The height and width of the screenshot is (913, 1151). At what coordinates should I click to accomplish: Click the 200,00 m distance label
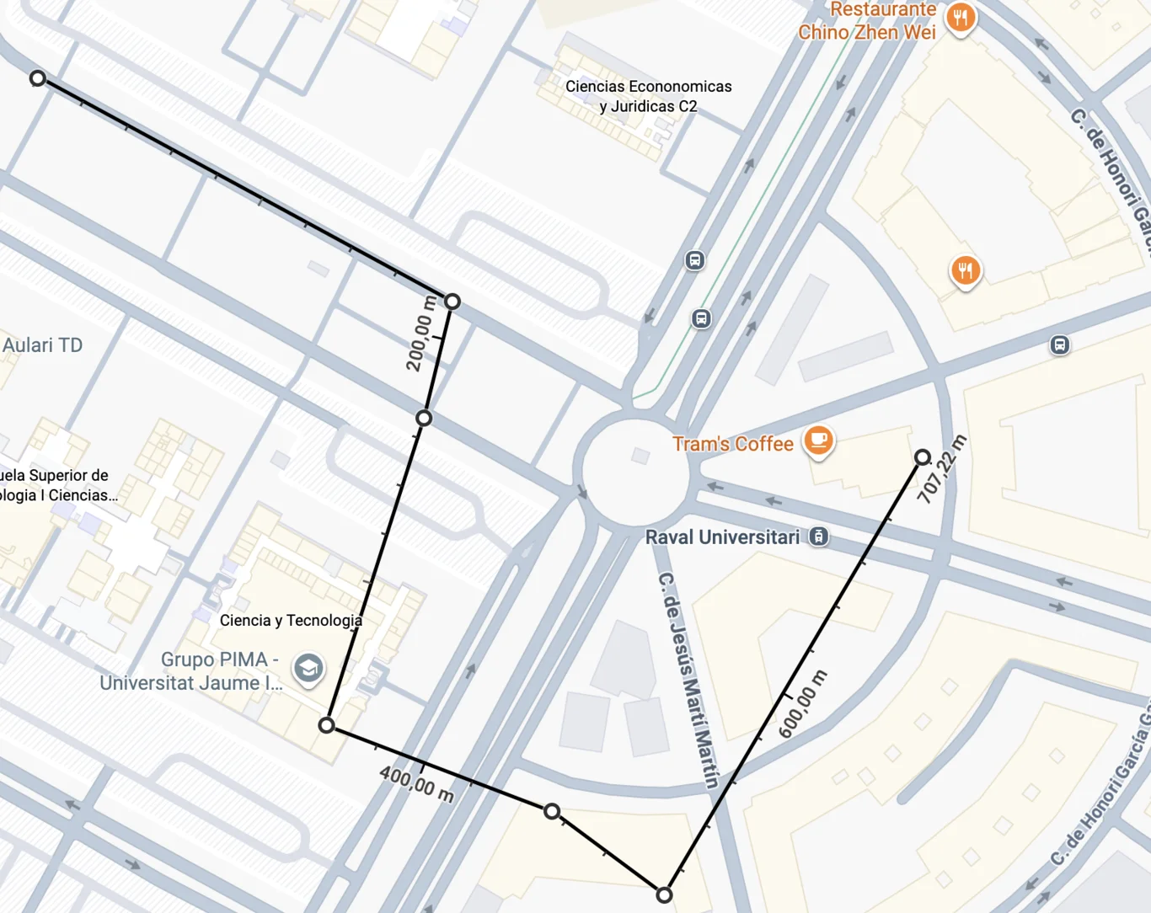pos(420,334)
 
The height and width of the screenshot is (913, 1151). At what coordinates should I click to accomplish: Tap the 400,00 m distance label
pos(416,783)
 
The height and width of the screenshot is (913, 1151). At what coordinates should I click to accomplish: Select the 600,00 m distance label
pos(803,704)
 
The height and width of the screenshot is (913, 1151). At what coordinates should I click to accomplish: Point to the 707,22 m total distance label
pos(942,470)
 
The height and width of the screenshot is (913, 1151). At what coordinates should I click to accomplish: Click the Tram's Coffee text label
pos(732,444)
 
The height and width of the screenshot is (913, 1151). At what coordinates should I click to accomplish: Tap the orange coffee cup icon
pos(817,440)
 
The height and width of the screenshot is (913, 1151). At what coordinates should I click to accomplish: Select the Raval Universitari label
pos(722,537)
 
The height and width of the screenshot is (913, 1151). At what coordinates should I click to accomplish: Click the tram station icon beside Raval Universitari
pos(818,537)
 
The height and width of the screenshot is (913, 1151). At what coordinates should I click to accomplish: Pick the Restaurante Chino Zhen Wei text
pos(867,21)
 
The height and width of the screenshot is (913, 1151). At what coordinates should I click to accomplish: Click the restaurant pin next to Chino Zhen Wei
pos(960,17)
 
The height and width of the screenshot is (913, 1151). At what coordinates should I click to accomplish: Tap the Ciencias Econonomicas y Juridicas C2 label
pos(648,96)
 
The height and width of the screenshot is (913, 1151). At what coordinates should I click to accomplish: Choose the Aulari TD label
pos(42,345)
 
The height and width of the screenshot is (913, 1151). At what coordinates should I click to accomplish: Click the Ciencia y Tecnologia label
pos(291,621)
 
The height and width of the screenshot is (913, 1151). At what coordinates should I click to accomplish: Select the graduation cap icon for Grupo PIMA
pos(308,669)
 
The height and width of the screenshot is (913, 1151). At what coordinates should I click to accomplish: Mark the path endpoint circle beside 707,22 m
pos(923,457)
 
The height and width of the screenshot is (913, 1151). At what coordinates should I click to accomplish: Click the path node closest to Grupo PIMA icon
pos(327,725)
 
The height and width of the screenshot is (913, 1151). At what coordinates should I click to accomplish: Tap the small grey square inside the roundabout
pos(640,456)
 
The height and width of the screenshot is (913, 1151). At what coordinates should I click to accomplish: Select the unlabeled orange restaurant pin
pos(966,270)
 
